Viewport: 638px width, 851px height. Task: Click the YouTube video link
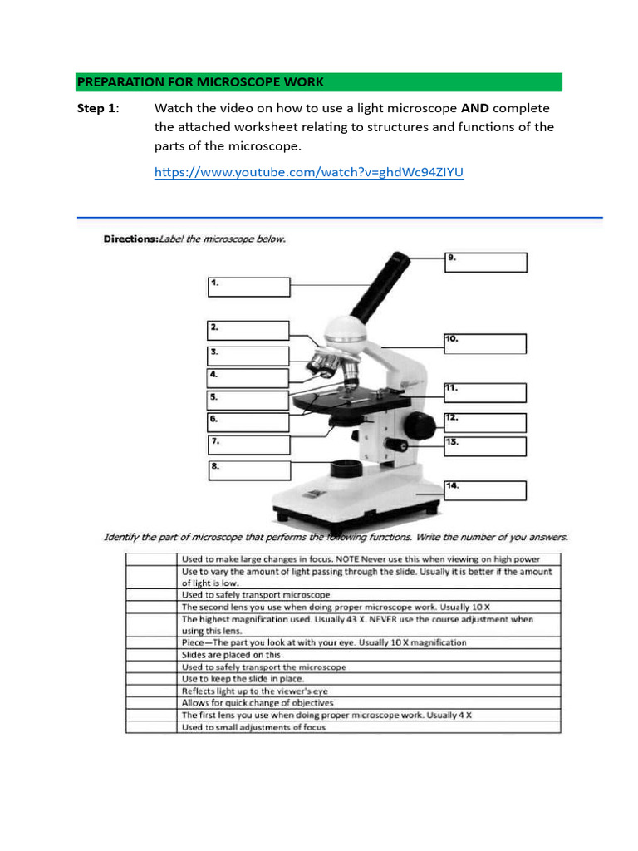[309, 173]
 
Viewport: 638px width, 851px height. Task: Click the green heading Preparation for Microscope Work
[200, 82]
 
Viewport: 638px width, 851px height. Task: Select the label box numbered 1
[248, 287]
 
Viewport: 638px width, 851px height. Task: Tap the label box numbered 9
[486, 262]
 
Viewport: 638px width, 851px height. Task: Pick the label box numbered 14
[486, 489]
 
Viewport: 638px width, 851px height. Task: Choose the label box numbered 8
[248, 471]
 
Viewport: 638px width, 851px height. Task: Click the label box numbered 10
[485, 343]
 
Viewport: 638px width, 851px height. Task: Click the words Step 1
[97, 108]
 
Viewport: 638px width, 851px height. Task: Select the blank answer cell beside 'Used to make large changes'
[151, 559]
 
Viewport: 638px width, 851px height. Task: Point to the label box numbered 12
[486, 422]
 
